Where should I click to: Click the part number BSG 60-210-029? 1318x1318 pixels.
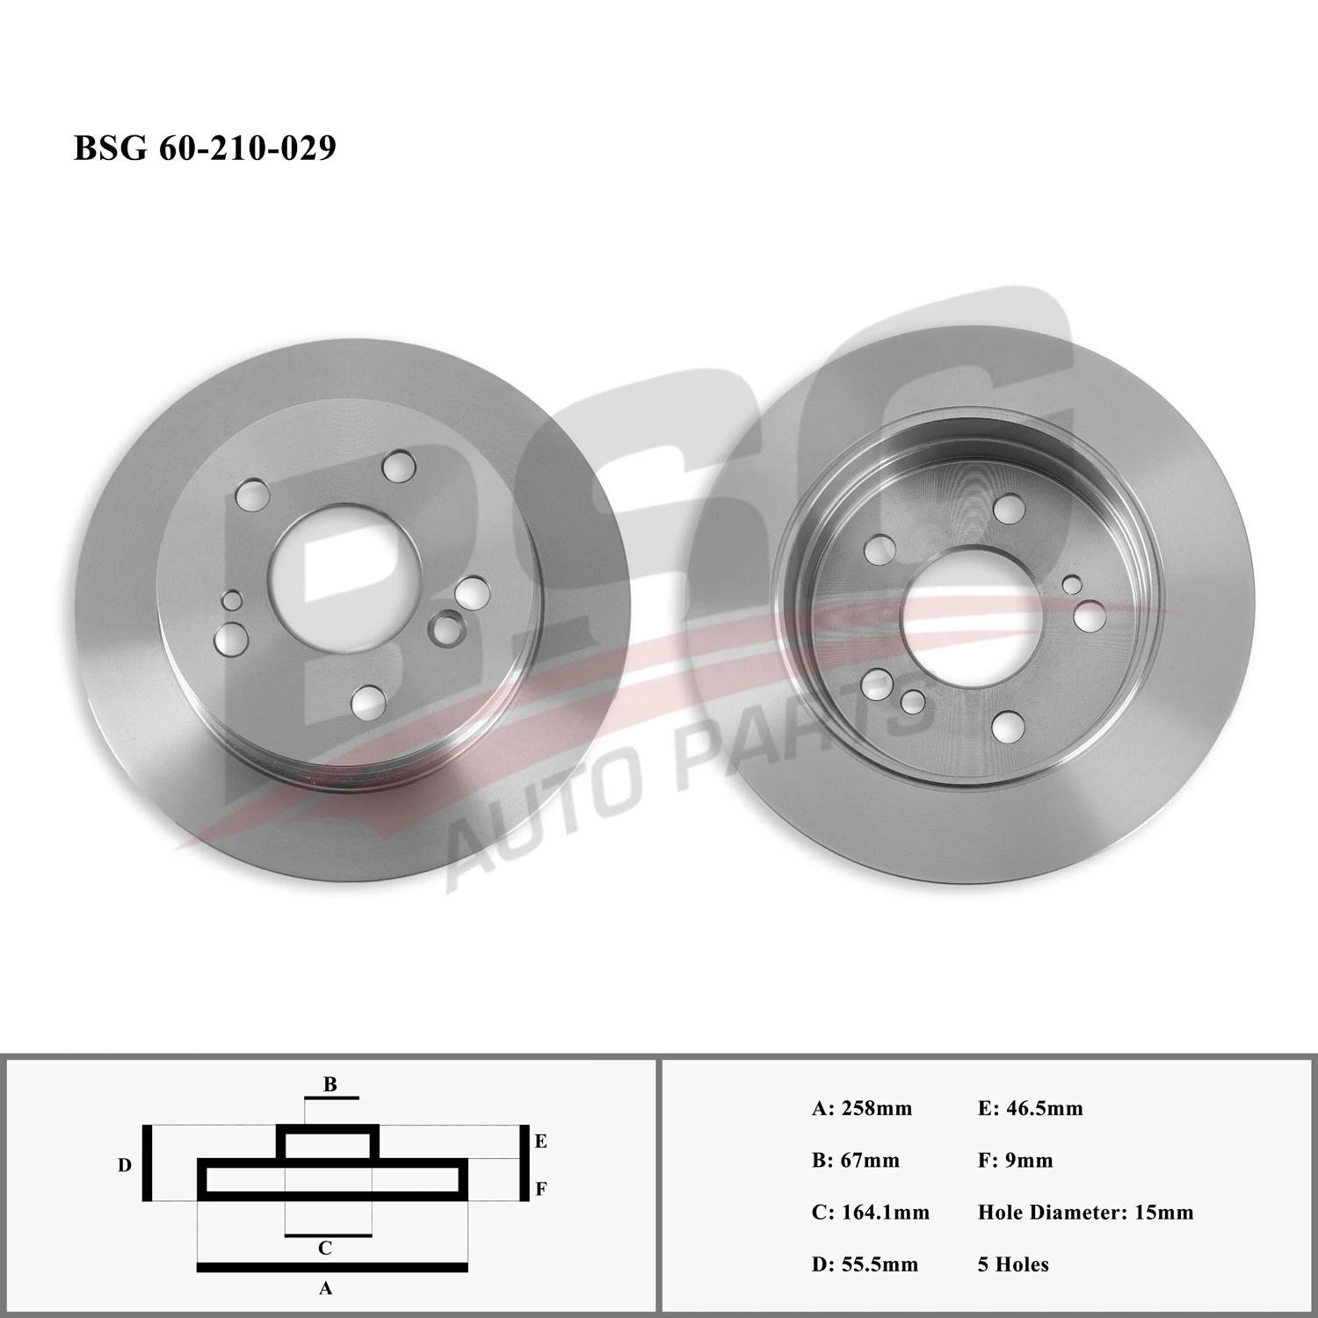205,148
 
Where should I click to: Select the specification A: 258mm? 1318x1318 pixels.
861,1108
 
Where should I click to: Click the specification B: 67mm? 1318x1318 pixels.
855,1160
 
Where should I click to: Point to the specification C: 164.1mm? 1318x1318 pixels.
870,1213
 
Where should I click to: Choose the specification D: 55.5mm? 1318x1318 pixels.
865,1264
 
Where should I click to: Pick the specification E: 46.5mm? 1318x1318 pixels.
1030,1108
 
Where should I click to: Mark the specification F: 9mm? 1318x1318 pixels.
1015,1160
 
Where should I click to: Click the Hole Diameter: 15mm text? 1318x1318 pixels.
1085,1213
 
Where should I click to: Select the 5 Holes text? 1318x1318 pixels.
1013,1264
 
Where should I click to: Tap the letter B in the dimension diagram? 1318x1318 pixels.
330,1084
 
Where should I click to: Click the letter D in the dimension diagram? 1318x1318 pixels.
125,1165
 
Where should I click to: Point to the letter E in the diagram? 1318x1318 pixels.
541,1141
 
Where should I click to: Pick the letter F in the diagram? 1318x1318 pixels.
541,1189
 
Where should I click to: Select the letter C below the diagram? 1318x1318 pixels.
325,1248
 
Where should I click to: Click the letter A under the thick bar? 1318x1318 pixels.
325,1288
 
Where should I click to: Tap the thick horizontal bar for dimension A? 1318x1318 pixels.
332,1267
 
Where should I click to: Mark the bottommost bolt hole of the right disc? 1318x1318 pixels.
1006,728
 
